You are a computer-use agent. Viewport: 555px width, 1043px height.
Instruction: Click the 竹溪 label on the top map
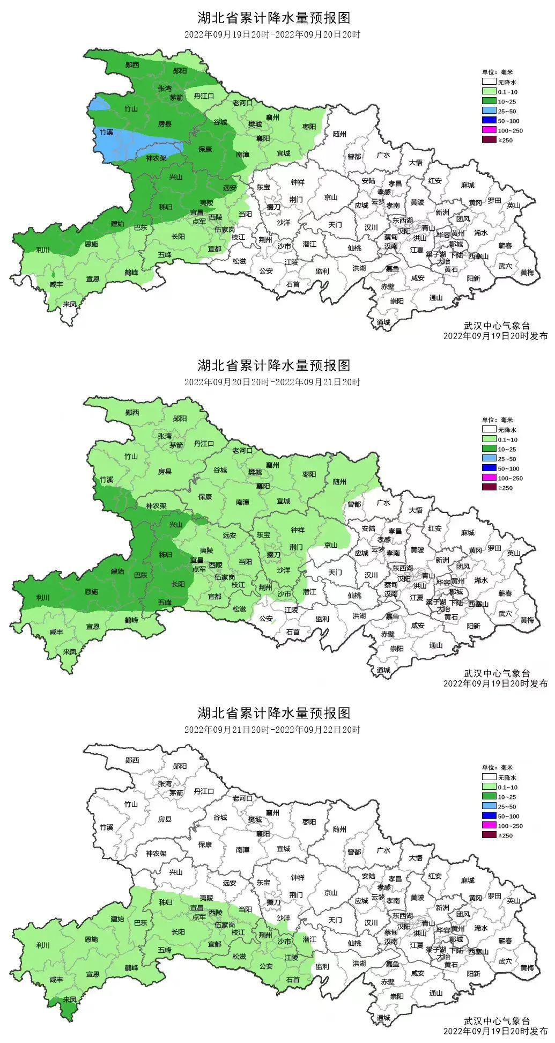click(x=106, y=131)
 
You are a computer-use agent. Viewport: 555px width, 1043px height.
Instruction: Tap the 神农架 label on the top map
click(x=156, y=158)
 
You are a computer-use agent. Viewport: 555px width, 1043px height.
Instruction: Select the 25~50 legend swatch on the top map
click(x=489, y=111)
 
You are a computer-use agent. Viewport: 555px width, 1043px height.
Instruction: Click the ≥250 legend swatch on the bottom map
click(x=489, y=835)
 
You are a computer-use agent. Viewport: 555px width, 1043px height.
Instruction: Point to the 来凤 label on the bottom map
click(x=69, y=1000)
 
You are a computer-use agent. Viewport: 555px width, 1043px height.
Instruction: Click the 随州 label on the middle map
click(x=339, y=482)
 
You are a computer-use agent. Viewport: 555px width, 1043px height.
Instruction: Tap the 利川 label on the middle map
click(x=43, y=597)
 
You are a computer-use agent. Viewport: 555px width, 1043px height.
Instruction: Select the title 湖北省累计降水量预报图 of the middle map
click(x=273, y=365)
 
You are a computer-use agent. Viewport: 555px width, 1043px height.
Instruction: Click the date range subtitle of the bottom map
click(x=272, y=730)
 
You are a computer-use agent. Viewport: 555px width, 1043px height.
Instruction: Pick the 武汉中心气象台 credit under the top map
click(x=497, y=326)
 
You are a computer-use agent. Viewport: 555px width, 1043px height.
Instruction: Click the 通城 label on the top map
click(x=383, y=322)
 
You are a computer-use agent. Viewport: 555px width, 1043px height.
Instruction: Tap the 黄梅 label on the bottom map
click(x=527, y=967)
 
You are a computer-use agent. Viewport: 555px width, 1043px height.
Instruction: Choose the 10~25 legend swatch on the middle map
click(x=489, y=449)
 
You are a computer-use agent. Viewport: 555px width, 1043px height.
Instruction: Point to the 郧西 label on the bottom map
click(x=132, y=760)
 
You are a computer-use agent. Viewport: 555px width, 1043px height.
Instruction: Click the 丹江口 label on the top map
click(x=204, y=96)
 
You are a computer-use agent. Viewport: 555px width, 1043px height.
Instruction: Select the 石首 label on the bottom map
click(x=293, y=979)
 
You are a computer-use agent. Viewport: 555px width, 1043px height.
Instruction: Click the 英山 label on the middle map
click(x=514, y=553)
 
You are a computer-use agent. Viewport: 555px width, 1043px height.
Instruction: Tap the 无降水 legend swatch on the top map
click(x=489, y=82)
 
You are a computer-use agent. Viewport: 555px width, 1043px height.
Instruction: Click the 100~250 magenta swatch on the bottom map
click(x=489, y=826)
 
